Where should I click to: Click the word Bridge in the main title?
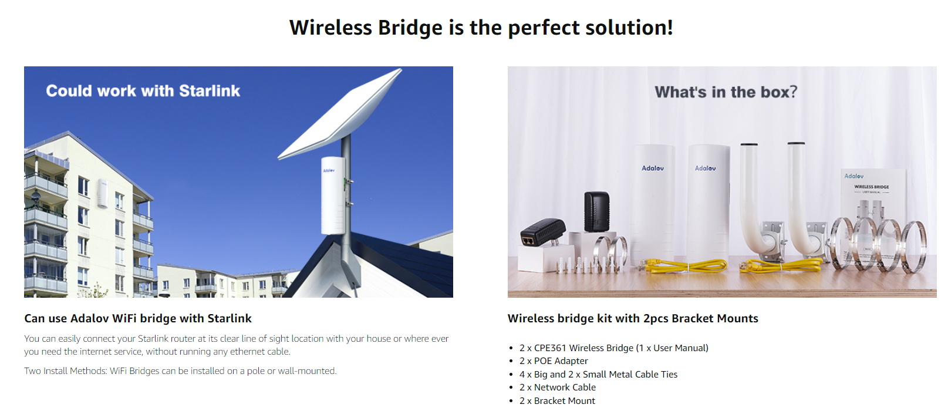410,28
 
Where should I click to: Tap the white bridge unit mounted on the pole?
333,196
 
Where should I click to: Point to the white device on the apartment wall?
103,193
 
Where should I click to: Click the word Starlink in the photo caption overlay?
210,91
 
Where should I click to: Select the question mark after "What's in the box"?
793,92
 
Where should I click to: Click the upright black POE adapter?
597,211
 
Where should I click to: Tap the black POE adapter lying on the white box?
543,232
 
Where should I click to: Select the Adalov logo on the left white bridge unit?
653,169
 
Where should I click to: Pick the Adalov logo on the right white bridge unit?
705,169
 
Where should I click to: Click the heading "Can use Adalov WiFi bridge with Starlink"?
138,318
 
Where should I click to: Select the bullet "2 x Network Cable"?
558,388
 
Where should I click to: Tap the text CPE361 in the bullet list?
550,348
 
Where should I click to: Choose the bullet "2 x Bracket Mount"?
557,401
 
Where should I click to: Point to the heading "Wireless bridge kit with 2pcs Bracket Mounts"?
633,318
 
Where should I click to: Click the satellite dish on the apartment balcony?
36,195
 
